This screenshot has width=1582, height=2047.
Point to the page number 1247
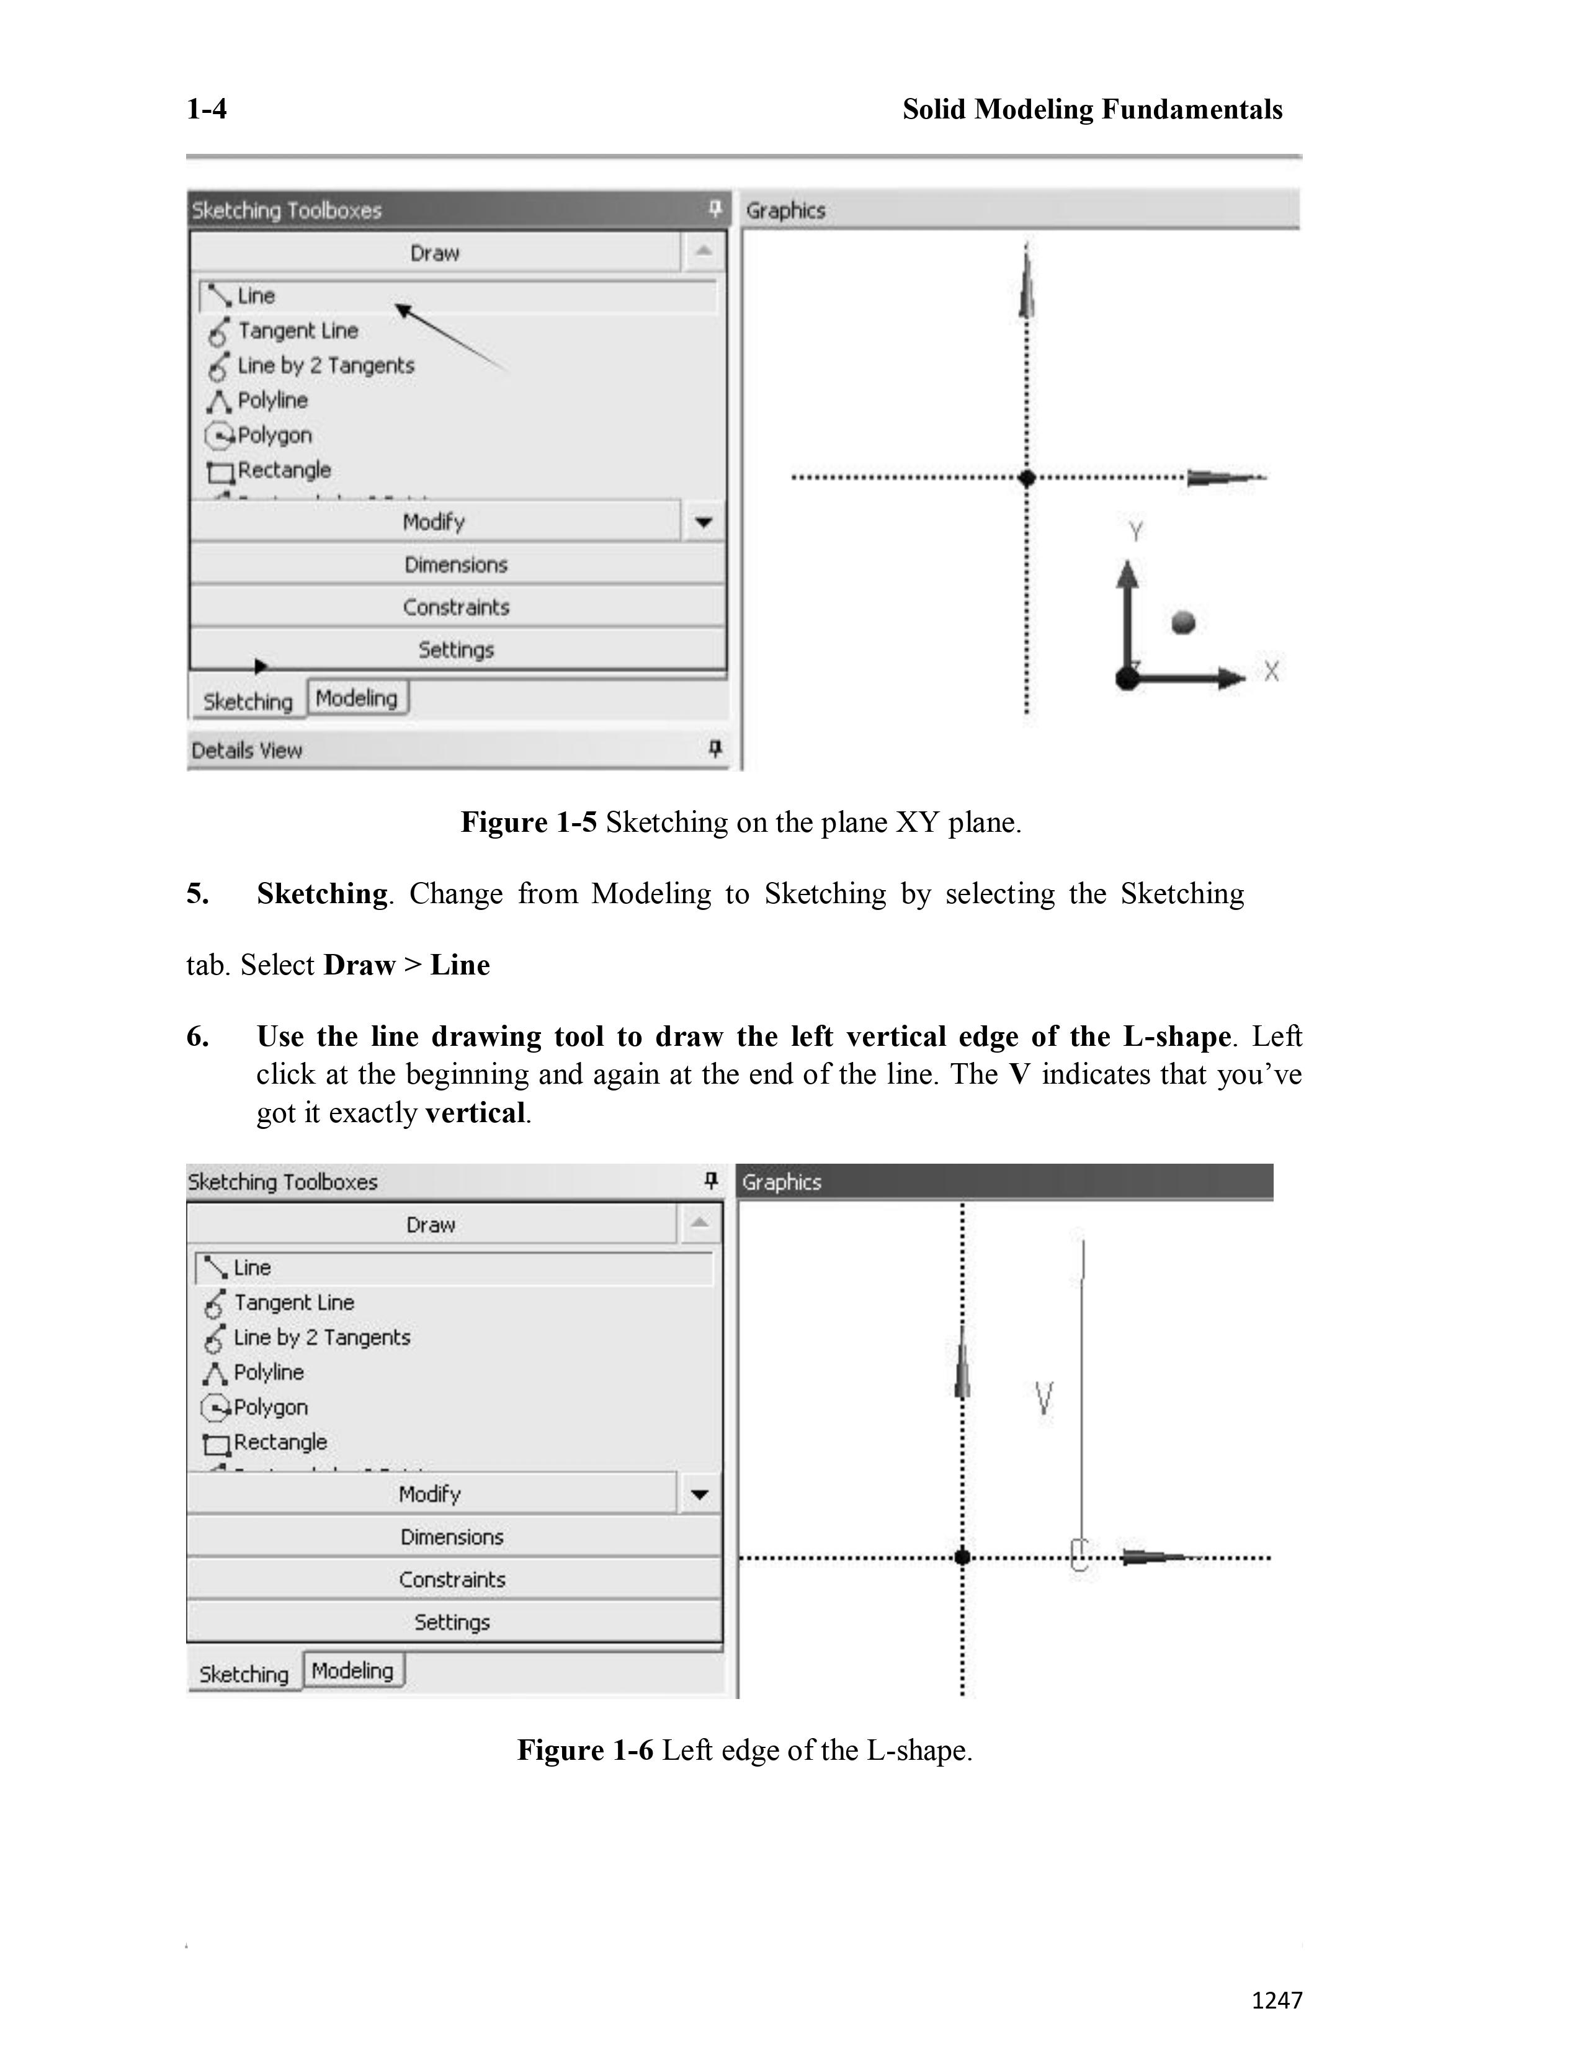[1277, 2000]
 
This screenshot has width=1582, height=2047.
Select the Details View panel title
[246, 750]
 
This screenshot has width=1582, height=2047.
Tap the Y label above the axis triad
[1136, 532]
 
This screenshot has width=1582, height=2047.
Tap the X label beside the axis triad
[1271, 671]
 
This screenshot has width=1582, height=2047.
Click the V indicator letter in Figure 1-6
[1044, 1398]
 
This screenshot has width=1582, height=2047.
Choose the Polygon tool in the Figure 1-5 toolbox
[274, 435]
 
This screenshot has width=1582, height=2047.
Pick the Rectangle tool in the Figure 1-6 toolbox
[279, 1442]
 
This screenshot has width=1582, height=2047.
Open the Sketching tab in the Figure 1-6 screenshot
[244, 1674]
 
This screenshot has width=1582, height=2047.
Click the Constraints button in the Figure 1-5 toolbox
[457, 607]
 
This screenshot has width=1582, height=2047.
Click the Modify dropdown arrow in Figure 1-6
[699, 1494]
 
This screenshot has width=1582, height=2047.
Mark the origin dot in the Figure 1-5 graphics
[1027, 478]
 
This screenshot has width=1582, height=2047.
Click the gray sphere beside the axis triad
[1184, 622]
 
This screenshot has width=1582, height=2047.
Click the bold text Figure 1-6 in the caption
[585, 1750]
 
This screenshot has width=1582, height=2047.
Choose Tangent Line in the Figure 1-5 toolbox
[297, 331]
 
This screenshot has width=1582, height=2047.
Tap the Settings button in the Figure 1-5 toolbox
[457, 649]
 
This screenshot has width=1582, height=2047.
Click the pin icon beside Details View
[715, 748]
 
